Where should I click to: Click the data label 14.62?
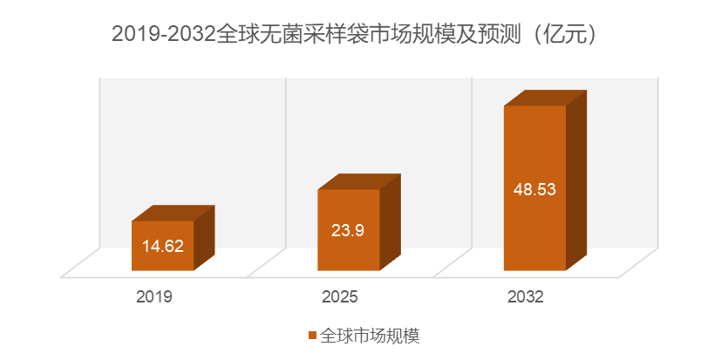point(162,246)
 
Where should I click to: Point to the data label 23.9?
point(348,230)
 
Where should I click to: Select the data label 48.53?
point(534,188)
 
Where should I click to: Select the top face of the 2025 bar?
point(358,181)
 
